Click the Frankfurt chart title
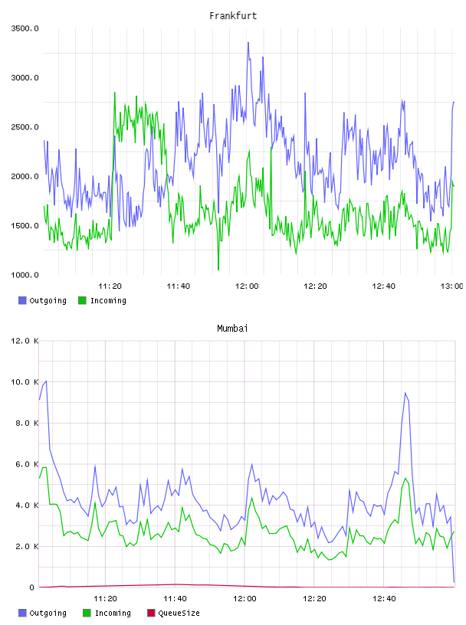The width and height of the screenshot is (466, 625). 233,16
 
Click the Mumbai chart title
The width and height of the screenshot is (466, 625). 232,329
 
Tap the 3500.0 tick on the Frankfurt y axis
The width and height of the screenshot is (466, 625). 25,28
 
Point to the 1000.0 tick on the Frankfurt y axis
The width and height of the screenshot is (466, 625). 25,275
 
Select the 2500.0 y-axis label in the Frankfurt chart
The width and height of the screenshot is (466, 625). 25,127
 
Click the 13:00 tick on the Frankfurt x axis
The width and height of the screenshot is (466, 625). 451,286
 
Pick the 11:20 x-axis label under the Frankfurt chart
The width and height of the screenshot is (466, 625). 110,286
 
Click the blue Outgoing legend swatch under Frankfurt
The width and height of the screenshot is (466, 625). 22,300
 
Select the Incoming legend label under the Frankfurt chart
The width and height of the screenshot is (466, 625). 108,301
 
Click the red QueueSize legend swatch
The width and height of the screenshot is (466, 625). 151,613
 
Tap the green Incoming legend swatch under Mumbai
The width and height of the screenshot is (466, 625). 87,613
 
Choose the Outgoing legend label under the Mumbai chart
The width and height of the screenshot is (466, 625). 48,613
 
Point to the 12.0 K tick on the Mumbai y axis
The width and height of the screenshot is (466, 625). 25,341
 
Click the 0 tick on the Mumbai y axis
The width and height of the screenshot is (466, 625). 32,587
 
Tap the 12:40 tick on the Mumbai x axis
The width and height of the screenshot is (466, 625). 384,599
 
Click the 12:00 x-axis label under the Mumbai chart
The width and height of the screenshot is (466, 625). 244,599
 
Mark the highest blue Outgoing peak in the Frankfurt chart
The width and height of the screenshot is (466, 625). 248,42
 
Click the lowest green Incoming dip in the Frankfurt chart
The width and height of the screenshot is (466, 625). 218,270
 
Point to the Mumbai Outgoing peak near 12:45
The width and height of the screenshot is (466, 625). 405,393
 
